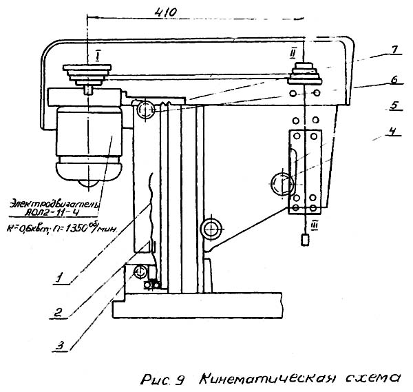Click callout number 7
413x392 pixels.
coord(392,50)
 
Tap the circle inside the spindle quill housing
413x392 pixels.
coord(282,183)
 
